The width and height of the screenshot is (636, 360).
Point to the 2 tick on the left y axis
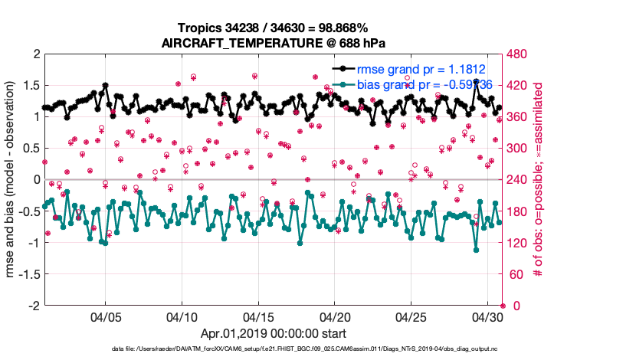tap(34, 54)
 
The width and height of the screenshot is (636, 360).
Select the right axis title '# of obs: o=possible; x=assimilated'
tap(539, 180)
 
